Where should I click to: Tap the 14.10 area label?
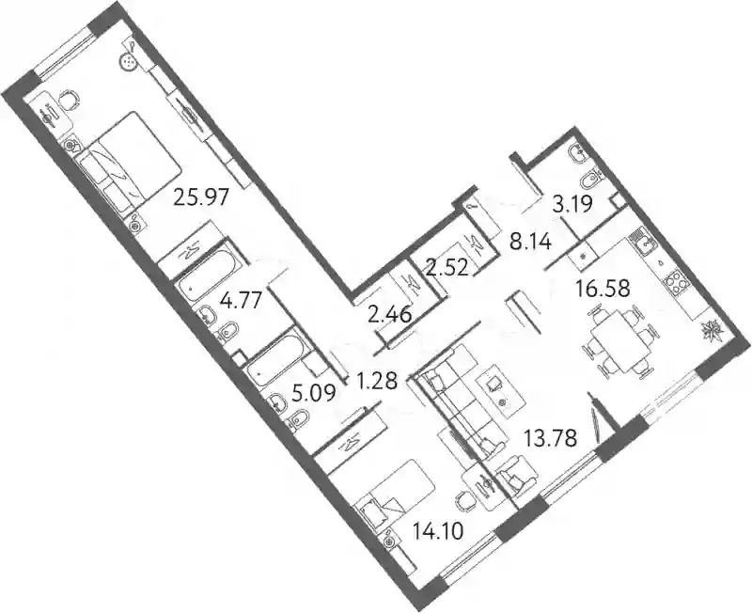pos(438,531)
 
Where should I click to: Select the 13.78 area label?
pos(550,438)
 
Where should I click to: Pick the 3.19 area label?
pos(572,204)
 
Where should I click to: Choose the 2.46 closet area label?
pos(390,316)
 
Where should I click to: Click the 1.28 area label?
pos(377,382)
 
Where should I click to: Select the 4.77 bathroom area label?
pos(241,302)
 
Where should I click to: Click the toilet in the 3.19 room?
pos(591,181)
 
